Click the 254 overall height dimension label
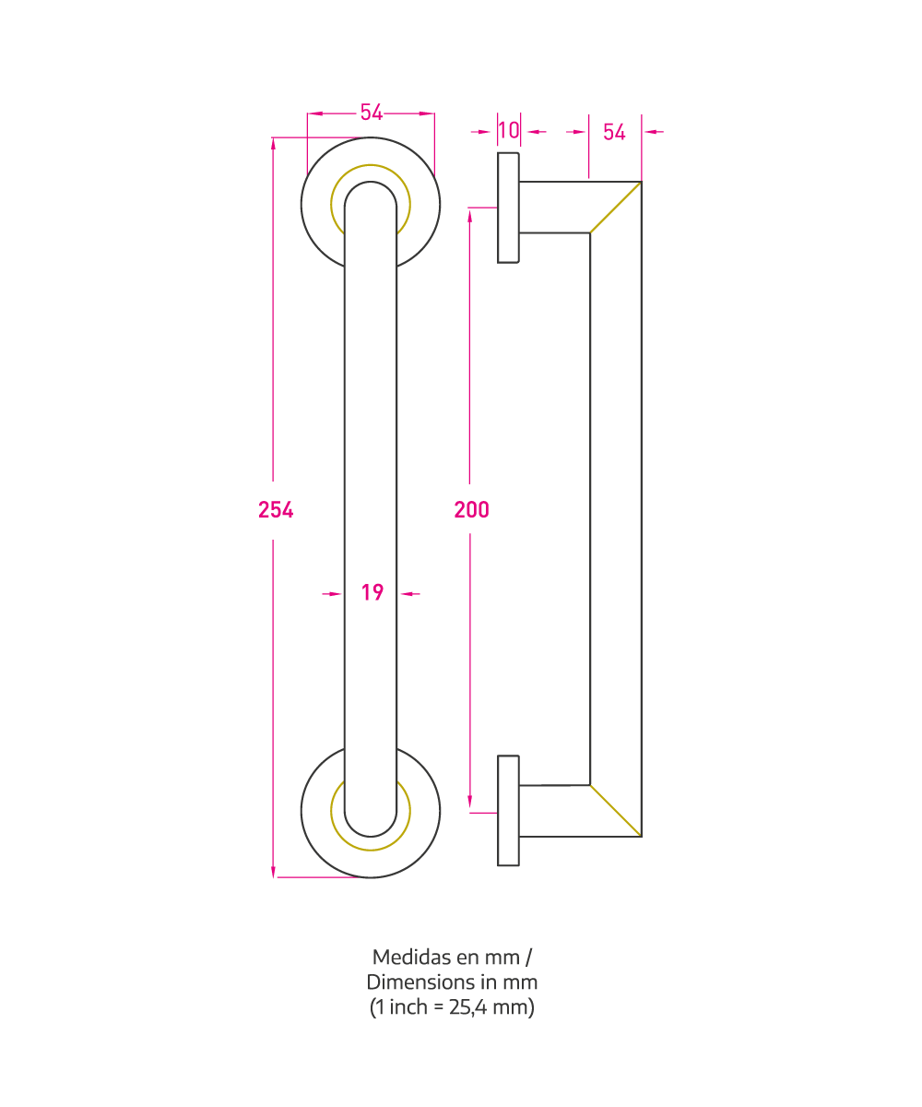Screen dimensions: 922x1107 click(x=276, y=510)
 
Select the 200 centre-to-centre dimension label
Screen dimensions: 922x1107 click(x=471, y=509)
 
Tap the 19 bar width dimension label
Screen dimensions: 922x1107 click(x=372, y=592)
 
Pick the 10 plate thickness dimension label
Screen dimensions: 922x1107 click(x=509, y=130)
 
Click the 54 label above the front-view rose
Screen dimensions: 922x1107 click(x=372, y=113)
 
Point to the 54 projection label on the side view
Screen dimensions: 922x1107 click(x=614, y=132)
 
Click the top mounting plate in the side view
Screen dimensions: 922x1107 click(x=508, y=208)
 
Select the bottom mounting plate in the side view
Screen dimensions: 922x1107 click(x=508, y=810)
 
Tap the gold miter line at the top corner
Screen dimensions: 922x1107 click(x=616, y=208)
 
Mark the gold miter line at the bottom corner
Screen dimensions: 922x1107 click(x=616, y=811)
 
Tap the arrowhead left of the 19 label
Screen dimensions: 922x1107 click(x=335, y=594)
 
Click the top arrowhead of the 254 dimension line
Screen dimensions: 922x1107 click(x=273, y=144)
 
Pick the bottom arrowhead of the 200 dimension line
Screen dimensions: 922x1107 click(x=469, y=801)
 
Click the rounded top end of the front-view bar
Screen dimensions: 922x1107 click(x=371, y=182)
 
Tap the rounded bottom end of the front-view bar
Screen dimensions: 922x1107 click(x=371, y=837)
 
